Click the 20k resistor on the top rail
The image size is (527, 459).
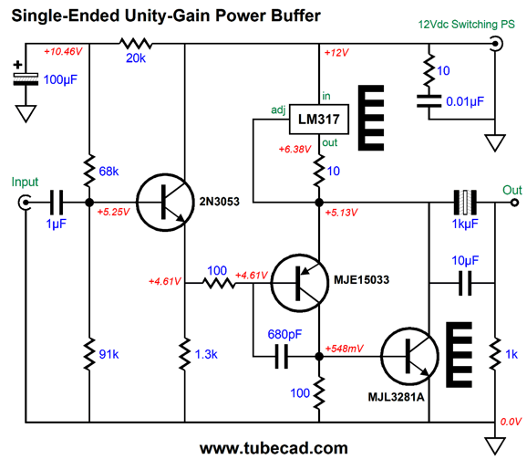[136, 44]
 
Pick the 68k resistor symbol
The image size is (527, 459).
[89, 171]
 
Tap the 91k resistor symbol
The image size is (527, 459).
[89, 354]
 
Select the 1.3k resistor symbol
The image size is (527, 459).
[184, 354]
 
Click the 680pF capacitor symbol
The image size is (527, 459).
[282, 357]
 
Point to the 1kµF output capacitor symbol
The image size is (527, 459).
[465, 203]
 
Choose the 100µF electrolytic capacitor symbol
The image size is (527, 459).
[26, 79]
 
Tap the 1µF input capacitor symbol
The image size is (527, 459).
[57, 203]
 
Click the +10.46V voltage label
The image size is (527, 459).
[63, 51]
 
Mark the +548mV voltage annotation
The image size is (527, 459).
[344, 349]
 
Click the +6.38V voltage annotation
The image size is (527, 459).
[294, 149]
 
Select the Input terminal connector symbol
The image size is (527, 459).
[25, 203]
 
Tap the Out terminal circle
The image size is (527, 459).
[514, 203]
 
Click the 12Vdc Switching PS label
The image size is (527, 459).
[467, 25]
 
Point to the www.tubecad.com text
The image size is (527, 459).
[274, 448]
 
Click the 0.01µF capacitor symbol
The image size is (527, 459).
[429, 101]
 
